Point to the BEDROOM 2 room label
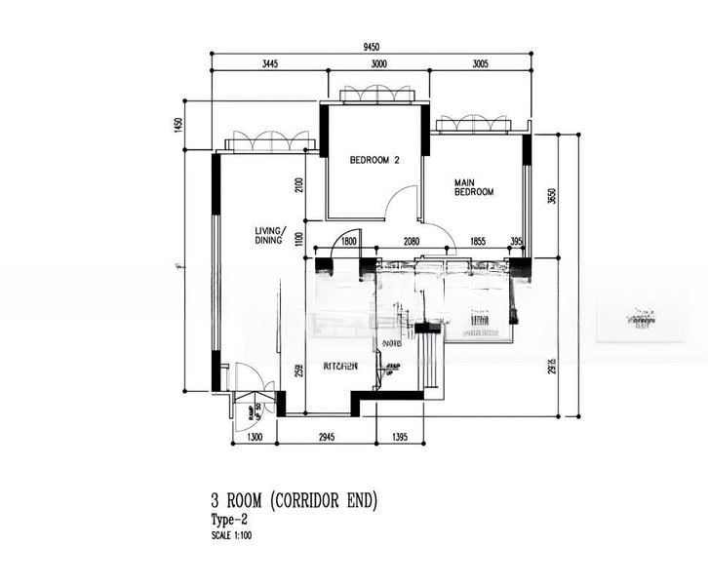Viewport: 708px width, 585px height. click(x=375, y=160)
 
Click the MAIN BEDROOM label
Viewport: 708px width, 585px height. click(x=474, y=187)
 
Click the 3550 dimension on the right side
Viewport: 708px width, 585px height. click(x=551, y=196)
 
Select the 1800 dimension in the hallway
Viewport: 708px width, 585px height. click(x=349, y=241)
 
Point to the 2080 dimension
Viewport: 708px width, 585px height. click(x=412, y=241)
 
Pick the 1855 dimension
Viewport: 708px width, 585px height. click(x=478, y=241)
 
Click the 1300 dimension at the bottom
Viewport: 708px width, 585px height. click(x=256, y=438)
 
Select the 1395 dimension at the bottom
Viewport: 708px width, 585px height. click(x=401, y=438)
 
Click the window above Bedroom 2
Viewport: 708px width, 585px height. click(x=380, y=94)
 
